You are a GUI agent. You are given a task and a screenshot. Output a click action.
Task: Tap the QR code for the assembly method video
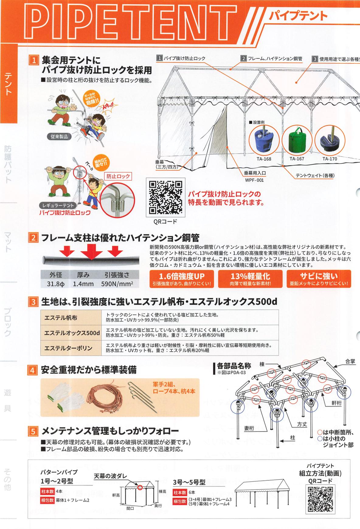click(x=320, y=499)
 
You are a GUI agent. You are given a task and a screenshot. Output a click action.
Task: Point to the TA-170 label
click(x=330, y=159)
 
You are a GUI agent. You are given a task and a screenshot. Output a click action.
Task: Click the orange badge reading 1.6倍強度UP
click(x=182, y=279)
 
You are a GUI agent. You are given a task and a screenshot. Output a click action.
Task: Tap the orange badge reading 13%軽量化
click(x=250, y=279)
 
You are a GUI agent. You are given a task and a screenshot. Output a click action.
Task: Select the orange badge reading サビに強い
click(x=318, y=279)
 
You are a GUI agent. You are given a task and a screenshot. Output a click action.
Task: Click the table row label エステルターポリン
click(x=68, y=348)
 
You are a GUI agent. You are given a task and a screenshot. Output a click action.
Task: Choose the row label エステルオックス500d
click(x=72, y=333)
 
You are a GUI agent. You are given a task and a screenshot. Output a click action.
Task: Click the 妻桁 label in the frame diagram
click(x=249, y=428)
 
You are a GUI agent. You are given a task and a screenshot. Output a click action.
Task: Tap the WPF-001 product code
click(x=254, y=180)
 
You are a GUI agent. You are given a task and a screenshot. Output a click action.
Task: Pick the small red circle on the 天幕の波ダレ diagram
click(x=140, y=488)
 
